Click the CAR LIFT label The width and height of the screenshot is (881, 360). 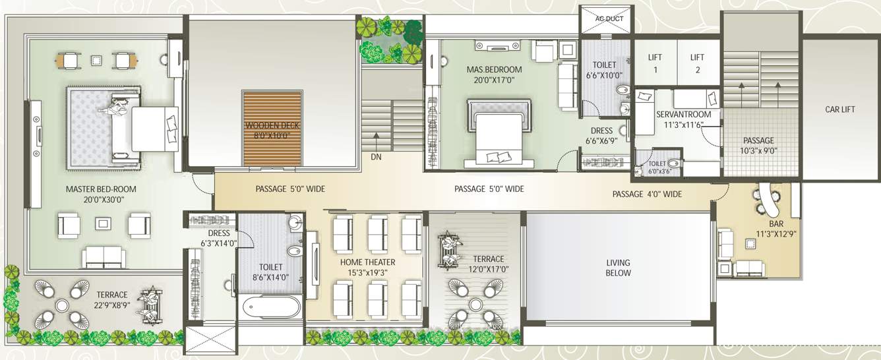click(x=839, y=109)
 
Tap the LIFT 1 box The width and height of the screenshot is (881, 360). click(x=654, y=63)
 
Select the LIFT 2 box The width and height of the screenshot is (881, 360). click(x=698, y=63)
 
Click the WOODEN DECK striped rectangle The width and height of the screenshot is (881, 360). click(x=272, y=129)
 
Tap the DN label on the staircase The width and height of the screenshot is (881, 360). click(x=376, y=157)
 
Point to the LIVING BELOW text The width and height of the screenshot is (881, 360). click(x=618, y=268)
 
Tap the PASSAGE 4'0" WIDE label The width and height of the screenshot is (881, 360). click(x=647, y=194)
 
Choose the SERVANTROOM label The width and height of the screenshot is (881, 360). click(x=683, y=115)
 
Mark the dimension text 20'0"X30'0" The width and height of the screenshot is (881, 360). click(x=100, y=199)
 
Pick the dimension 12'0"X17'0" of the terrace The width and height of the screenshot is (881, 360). click(x=488, y=269)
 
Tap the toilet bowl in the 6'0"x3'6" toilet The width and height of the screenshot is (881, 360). click(x=673, y=164)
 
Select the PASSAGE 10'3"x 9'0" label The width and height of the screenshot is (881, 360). click(x=758, y=145)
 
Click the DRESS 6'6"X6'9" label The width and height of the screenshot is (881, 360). click(x=601, y=135)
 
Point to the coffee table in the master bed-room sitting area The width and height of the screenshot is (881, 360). click(x=102, y=224)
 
